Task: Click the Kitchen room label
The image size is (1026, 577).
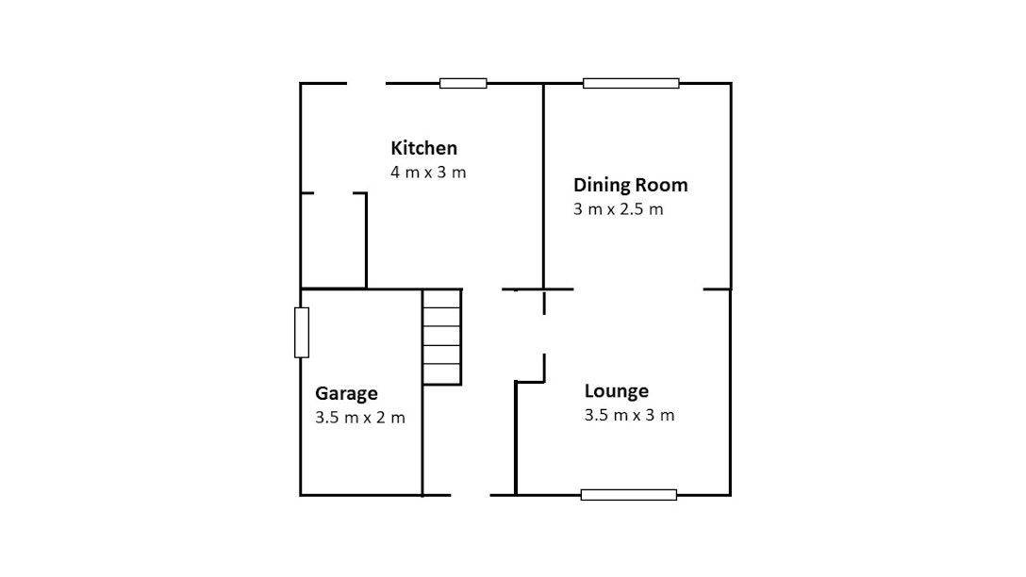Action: click(x=423, y=148)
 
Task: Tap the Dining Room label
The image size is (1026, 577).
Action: click(x=630, y=185)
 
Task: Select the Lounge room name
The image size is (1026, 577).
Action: click(x=617, y=391)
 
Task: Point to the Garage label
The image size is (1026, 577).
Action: click(x=346, y=393)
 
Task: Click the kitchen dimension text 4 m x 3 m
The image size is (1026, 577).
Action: click(x=428, y=172)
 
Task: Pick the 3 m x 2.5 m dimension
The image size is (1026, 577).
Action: click(x=619, y=209)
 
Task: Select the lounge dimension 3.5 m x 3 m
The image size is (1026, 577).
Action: click(x=630, y=416)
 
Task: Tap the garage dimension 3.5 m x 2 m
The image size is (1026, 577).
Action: click(x=360, y=418)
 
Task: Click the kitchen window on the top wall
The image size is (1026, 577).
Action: click(x=463, y=83)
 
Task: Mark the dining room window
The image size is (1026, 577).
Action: click(x=631, y=83)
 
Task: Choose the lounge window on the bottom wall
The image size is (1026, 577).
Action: click(x=629, y=495)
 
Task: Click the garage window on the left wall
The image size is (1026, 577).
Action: click(x=302, y=332)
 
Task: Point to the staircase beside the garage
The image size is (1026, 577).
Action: click(x=442, y=337)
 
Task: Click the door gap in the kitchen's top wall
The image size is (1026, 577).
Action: click(x=367, y=83)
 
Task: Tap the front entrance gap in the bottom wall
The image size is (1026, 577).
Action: click(x=471, y=495)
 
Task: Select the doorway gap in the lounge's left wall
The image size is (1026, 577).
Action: click(x=544, y=335)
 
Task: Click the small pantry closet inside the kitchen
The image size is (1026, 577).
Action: click(x=334, y=240)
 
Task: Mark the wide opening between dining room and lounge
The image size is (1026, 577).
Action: click(x=638, y=289)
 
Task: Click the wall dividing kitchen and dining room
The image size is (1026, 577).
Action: click(x=544, y=187)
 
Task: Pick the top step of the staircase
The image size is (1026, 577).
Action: click(x=441, y=298)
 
